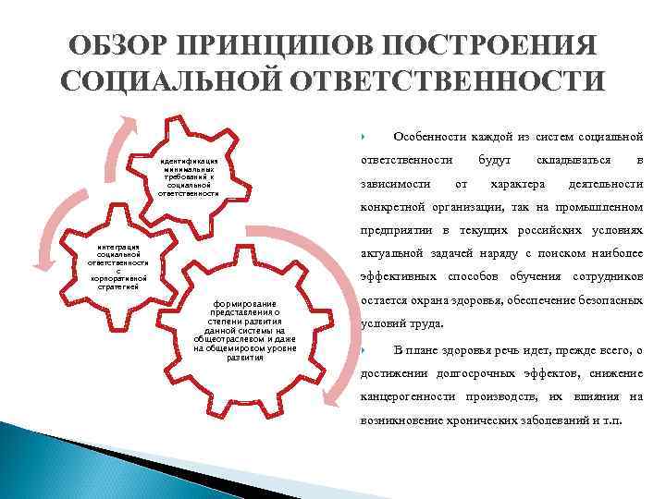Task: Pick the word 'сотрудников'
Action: [x=608, y=277]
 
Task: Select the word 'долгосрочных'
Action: [x=480, y=372]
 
